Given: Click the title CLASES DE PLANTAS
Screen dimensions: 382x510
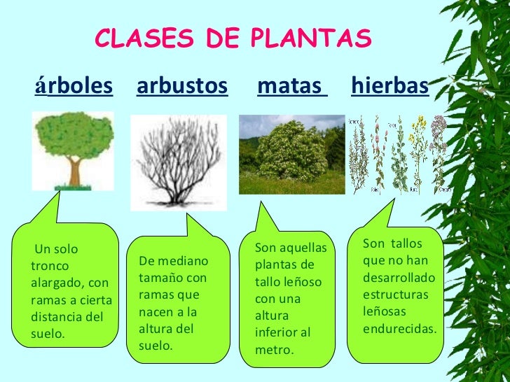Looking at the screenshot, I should coord(233,40).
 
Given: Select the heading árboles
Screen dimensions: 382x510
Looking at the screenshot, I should coord(74,87).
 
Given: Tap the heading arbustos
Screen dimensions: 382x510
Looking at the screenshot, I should coord(182,87).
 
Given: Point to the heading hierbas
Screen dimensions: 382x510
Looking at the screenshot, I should coord(390,87).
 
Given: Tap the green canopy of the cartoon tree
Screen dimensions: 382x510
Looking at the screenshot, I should coord(74,136).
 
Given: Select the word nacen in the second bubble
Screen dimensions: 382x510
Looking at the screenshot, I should coord(156,311).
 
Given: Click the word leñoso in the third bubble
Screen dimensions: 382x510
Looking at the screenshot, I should coord(301,282).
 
